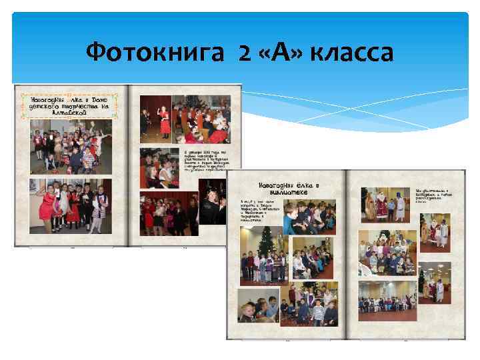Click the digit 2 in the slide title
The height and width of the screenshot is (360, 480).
(x=243, y=51)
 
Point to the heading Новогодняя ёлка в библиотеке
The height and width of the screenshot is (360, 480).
(x=290, y=189)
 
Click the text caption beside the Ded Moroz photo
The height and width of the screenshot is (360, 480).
(x=430, y=189)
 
